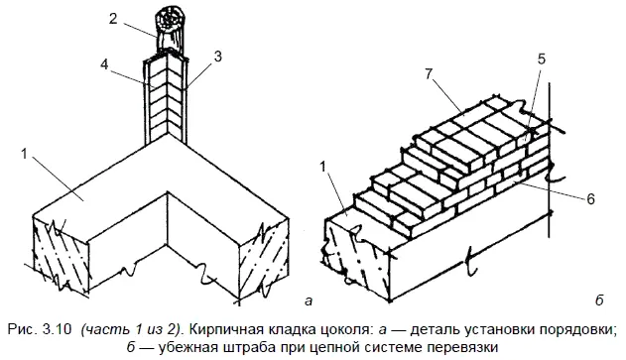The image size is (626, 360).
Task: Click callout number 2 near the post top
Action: pyautogui.click(x=113, y=18)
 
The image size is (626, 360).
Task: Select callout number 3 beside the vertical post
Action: pyautogui.click(x=217, y=57)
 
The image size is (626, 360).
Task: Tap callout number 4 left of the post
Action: pyautogui.click(x=104, y=64)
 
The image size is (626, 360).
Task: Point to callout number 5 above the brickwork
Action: pyautogui.click(x=541, y=59)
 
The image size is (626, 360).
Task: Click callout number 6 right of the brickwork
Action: pyautogui.click(x=590, y=198)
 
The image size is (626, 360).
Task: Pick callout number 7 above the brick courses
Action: pyautogui.click(x=430, y=74)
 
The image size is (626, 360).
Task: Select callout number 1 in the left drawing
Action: pyautogui.click(x=25, y=154)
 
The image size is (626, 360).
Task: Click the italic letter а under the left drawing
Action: pyautogui.click(x=308, y=300)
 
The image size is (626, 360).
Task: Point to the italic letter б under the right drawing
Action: pyautogui.click(x=599, y=300)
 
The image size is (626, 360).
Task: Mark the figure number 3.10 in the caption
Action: pyautogui.click(x=59, y=329)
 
